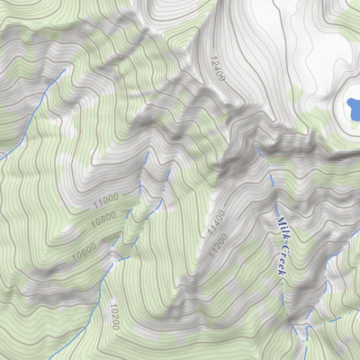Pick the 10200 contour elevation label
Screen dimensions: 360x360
click(x=114, y=317)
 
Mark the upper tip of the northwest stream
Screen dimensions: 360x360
click(x=64, y=68)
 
